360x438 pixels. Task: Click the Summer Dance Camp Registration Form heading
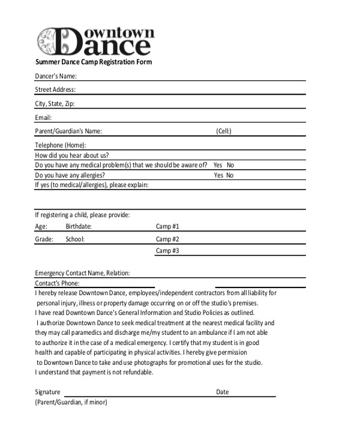pyautogui.click(x=93, y=62)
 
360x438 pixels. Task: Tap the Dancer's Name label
pyautogui.click(x=56, y=76)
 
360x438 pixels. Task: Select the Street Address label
pyautogui.click(x=55, y=90)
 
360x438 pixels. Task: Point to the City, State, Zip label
pyautogui.click(x=55, y=104)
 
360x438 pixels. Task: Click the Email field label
pyautogui.click(x=43, y=118)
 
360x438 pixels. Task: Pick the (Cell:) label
pyautogui.click(x=224, y=131)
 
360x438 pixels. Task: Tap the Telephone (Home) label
pyautogui.click(x=61, y=145)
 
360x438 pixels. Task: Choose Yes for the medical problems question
pyautogui.click(x=218, y=165)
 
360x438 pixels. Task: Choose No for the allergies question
pyautogui.click(x=230, y=175)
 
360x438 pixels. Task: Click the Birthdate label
pyautogui.click(x=79, y=226)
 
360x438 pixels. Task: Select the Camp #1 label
pyautogui.click(x=167, y=226)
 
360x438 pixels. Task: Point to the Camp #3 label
pyautogui.click(x=167, y=251)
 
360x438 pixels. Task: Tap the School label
pyautogui.click(x=75, y=239)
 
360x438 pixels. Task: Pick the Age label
pyautogui.click(x=41, y=226)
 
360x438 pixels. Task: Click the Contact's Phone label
pyautogui.click(x=58, y=283)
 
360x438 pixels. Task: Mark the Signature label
pyautogui.click(x=47, y=392)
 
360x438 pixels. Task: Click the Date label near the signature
pyautogui.click(x=223, y=392)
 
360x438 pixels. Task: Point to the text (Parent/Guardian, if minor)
pyautogui.click(x=71, y=403)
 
